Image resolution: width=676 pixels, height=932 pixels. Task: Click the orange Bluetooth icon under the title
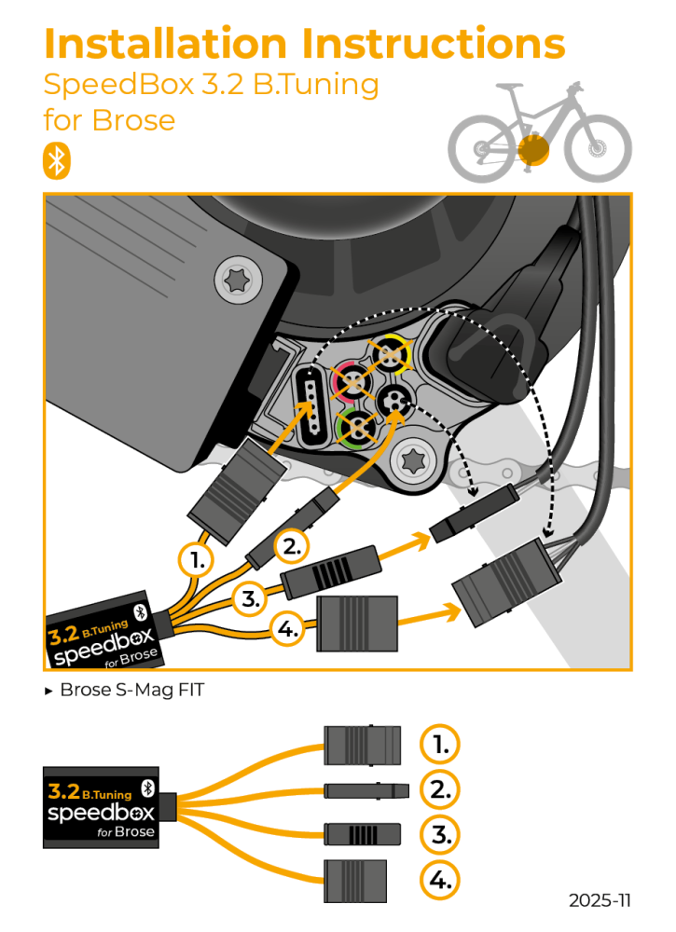click(x=57, y=160)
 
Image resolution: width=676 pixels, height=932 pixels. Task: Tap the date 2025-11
click(x=600, y=900)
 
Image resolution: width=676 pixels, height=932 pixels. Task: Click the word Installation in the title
click(x=167, y=44)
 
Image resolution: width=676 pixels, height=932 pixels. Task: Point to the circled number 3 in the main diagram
click(x=249, y=599)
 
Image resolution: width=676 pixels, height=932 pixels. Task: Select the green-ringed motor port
click(x=355, y=428)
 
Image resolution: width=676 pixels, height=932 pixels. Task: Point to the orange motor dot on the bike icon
click(x=533, y=148)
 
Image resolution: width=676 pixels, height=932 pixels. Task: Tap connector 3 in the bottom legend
click(x=362, y=833)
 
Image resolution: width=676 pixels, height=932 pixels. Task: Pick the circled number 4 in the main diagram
click(x=288, y=629)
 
